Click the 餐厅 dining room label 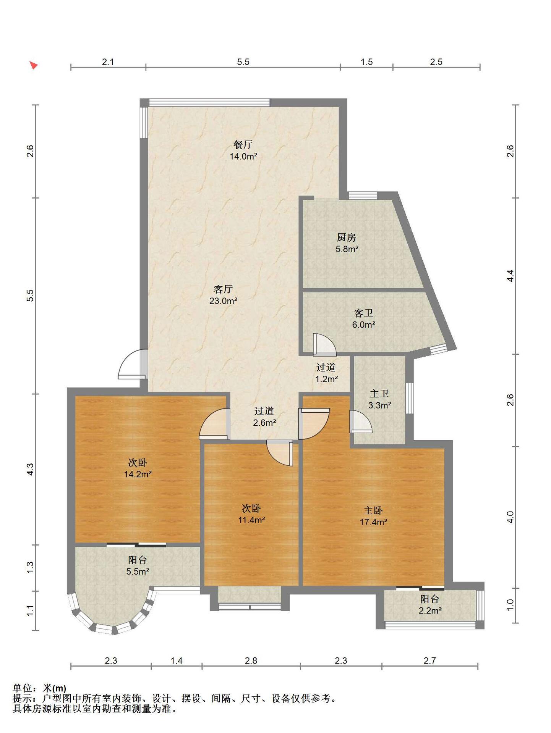(x=243, y=145)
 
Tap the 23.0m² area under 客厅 (x=223, y=301)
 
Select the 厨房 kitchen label (x=347, y=237)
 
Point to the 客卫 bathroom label (x=363, y=313)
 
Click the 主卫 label (x=379, y=394)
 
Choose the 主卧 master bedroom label (x=373, y=510)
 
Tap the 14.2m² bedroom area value (x=138, y=474)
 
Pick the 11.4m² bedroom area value (x=251, y=520)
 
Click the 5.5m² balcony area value (x=138, y=572)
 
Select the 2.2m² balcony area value (x=430, y=610)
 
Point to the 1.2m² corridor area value (x=326, y=379)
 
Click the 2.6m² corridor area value (x=264, y=423)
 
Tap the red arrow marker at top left (x=34, y=65)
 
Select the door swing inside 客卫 (x=324, y=344)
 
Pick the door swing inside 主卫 (x=360, y=421)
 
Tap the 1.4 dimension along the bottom (x=176, y=660)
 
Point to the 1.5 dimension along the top (x=366, y=62)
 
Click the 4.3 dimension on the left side (x=30, y=469)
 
